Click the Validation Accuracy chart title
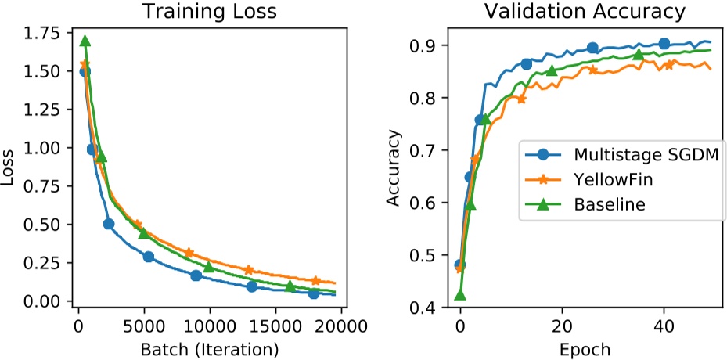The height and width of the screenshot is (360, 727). pos(585,12)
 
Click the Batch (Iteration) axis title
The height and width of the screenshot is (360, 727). pos(209,347)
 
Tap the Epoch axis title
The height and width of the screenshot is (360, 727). pos(585,347)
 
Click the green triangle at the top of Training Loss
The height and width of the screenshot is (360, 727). pos(85,41)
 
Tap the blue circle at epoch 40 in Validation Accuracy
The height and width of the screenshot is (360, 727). pos(664,44)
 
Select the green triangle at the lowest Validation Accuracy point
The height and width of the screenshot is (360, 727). pos(460,294)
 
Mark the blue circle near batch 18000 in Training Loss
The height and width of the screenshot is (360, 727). pos(314,293)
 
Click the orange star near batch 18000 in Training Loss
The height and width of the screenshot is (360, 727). pos(315,280)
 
